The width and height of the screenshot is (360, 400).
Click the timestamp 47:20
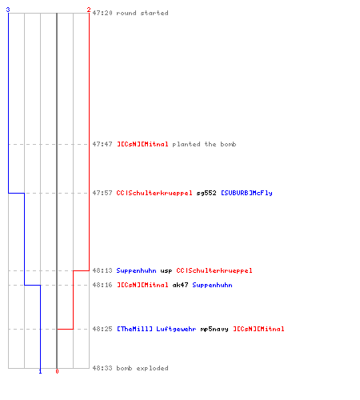tap(102, 13)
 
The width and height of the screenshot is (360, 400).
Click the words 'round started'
tap(142, 13)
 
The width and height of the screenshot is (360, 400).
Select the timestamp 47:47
tap(102, 144)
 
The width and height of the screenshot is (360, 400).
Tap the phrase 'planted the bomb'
tap(204, 144)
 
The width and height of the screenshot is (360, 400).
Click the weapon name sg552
tap(206, 193)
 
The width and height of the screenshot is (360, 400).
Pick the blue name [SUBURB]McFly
tap(246, 193)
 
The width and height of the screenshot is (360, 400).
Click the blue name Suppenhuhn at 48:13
tap(136, 271)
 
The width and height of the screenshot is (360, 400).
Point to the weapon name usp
tap(166, 271)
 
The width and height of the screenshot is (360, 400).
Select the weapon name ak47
tap(180, 285)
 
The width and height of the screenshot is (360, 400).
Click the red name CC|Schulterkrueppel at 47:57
tap(154, 193)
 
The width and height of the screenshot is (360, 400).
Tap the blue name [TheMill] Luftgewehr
tap(157, 329)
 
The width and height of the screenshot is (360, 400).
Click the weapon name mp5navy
tap(214, 330)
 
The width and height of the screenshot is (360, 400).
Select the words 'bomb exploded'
tap(142, 368)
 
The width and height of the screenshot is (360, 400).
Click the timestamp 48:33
tap(102, 368)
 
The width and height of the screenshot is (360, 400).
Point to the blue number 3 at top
tap(8, 10)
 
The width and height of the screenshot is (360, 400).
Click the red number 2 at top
tap(89, 10)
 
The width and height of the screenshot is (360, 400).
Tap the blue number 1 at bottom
tap(40, 371)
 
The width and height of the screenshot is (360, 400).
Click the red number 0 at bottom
tap(57, 371)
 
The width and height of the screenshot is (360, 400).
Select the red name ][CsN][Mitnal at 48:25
tap(258, 329)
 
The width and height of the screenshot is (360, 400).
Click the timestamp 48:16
tap(102, 285)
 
